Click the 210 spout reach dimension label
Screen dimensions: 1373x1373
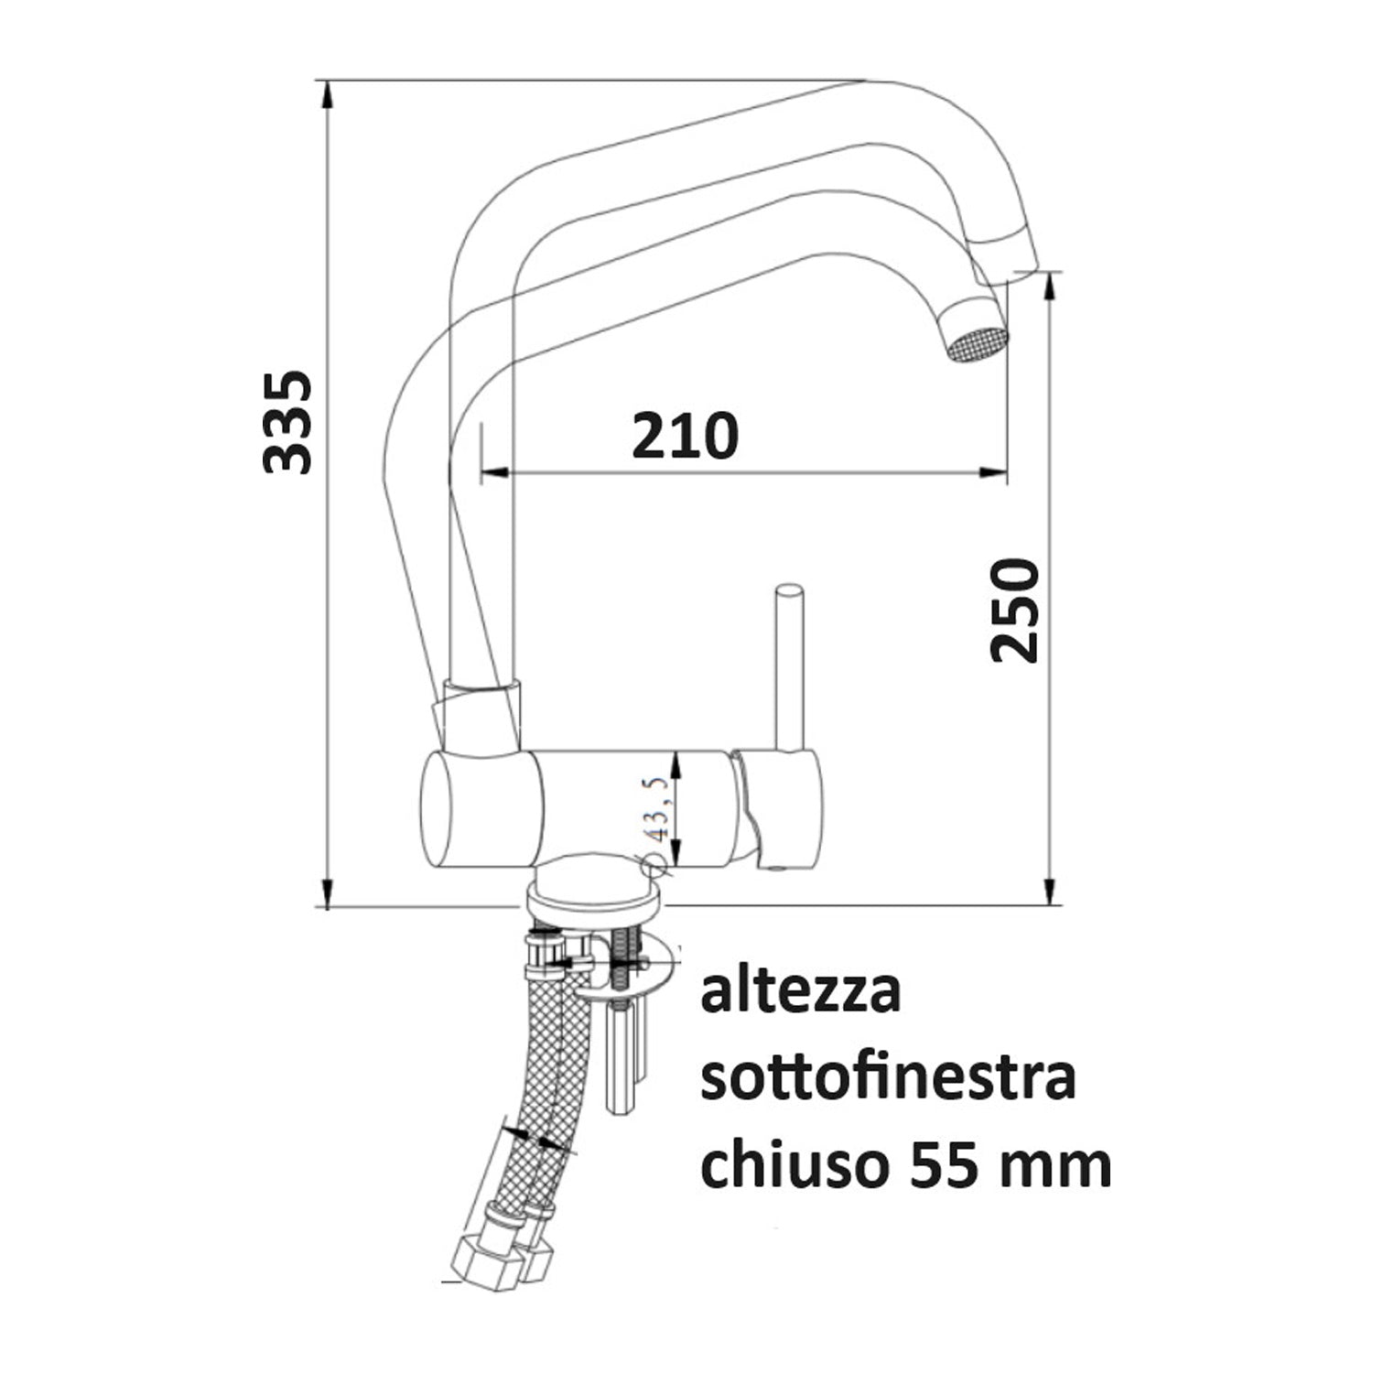point(685,436)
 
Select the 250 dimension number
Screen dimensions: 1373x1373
point(1015,611)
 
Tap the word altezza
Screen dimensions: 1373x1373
point(801,992)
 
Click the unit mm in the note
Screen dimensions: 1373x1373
point(1058,1166)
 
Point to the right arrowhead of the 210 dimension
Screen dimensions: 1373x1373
point(994,473)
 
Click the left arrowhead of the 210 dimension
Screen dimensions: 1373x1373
point(495,472)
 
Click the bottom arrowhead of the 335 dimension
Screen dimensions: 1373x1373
point(327,892)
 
